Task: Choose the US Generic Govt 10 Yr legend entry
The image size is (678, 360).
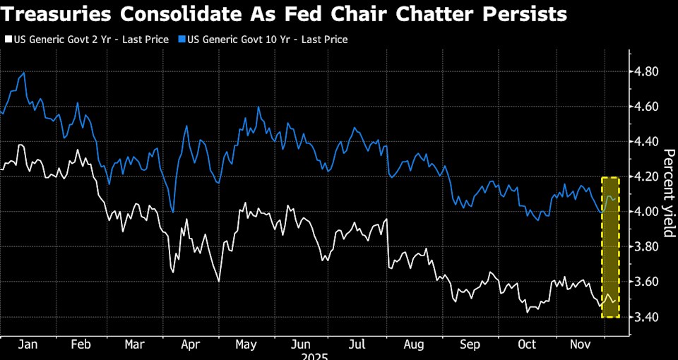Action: [x=266, y=40]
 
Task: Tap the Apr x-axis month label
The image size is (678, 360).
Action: [x=189, y=345]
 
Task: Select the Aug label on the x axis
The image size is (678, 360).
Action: [x=414, y=345]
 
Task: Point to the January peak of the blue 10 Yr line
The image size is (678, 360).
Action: [x=25, y=73]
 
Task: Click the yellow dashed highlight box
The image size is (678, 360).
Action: [x=610, y=247]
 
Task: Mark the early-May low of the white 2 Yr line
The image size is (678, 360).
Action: [x=219, y=281]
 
